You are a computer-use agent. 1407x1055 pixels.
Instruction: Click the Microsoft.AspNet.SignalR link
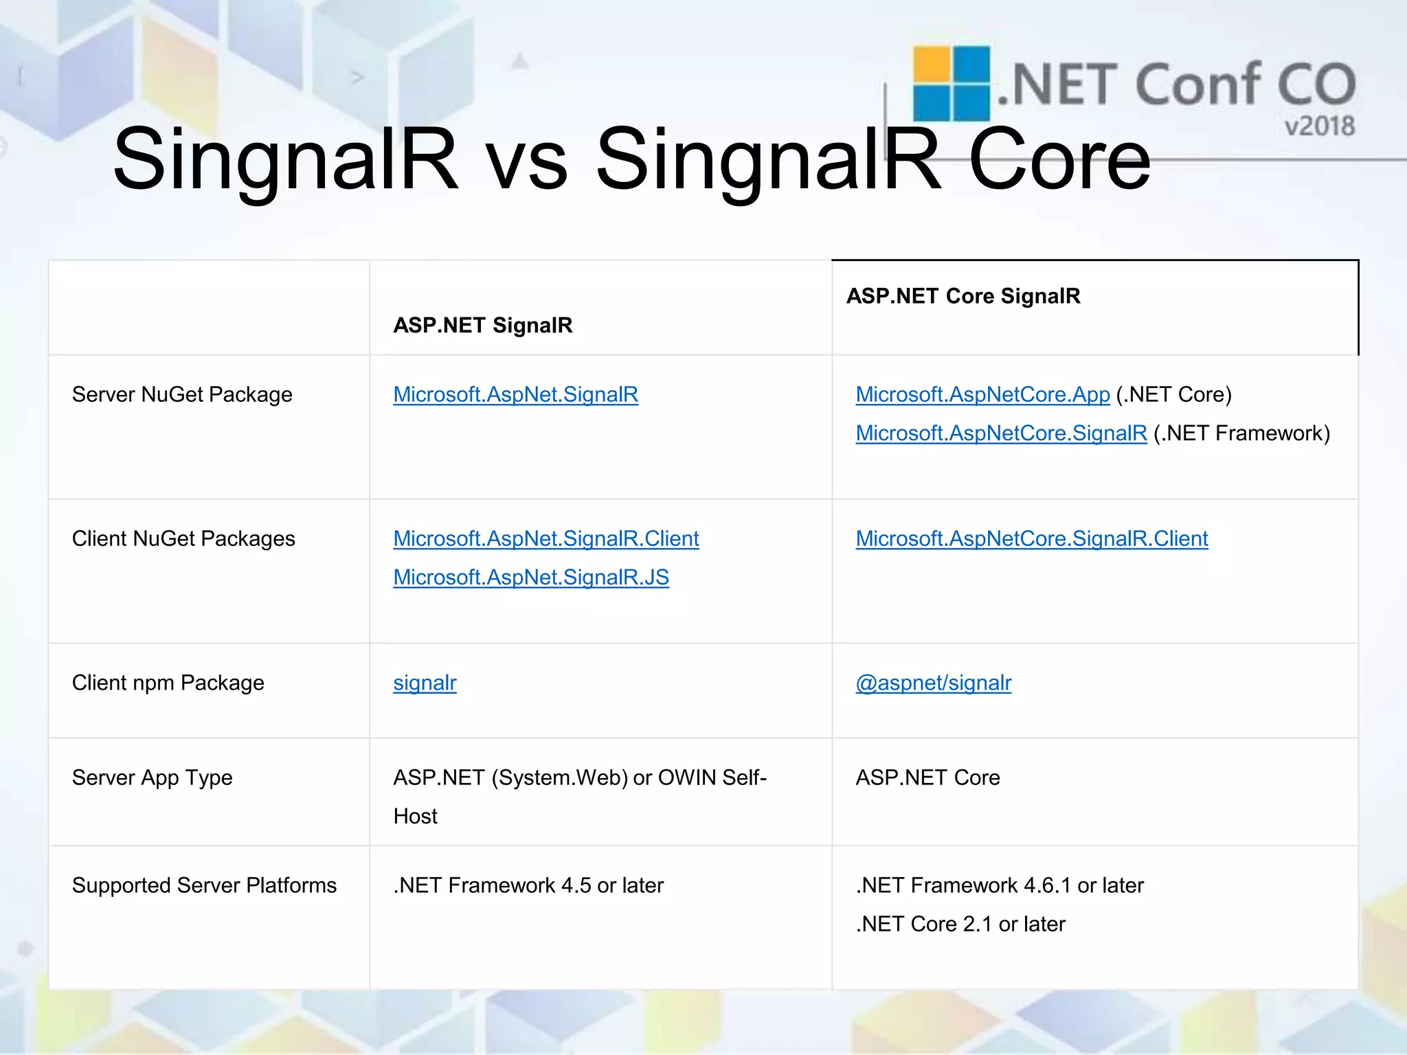(515, 395)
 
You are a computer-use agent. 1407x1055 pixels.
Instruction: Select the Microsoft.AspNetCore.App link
(982, 395)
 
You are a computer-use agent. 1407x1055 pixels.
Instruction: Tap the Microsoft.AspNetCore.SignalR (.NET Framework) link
(1001, 433)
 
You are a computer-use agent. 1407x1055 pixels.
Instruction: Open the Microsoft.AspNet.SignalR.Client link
(545, 539)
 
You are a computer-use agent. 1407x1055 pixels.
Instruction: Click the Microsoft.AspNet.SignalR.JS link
(530, 578)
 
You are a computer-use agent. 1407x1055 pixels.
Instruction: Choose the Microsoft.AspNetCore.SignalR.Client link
(1031, 539)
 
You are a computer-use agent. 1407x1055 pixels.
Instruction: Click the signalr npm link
(425, 683)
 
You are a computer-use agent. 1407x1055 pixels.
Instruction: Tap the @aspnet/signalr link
(933, 683)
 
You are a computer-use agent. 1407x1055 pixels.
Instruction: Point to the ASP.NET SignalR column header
(482, 325)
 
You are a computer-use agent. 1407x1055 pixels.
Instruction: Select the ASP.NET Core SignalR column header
(963, 296)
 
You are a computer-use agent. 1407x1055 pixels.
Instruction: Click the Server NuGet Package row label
(182, 395)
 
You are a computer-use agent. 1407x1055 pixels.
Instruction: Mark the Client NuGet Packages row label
(183, 539)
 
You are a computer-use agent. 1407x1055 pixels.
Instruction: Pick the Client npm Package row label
(168, 683)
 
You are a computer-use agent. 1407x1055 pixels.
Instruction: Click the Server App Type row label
(152, 778)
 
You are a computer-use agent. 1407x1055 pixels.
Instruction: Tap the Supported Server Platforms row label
(204, 885)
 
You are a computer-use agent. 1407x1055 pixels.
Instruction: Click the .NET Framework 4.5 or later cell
(528, 885)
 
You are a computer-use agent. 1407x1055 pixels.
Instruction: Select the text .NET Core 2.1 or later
(960, 924)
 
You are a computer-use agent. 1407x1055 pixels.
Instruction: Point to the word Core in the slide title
(1059, 159)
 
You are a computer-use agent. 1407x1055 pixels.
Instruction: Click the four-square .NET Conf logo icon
(951, 83)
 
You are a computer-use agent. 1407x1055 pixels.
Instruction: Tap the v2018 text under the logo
(1319, 126)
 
